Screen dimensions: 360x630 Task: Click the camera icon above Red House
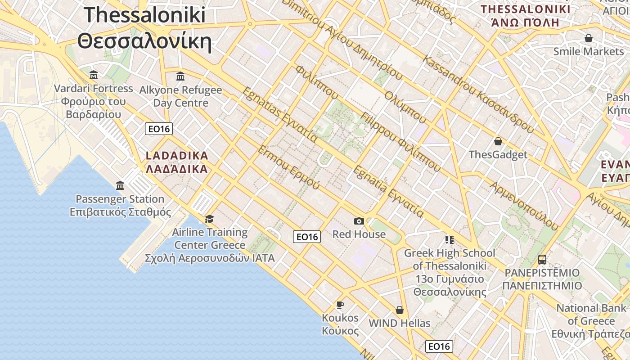pyautogui.click(x=359, y=221)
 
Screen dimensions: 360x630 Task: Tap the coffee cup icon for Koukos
pyautogui.click(x=340, y=305)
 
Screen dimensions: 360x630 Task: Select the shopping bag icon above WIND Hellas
pyautogui.click(x=399, y=310)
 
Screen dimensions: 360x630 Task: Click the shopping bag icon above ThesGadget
pyautogui.click(x=498, y=142)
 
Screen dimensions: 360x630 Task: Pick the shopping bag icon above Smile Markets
pyautogui.click(x=588, y=39)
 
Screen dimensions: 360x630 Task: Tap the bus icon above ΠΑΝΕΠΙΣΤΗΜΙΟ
pyautogui.click(x=542, y=260)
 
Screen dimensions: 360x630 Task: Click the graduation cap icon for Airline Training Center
pyautogui.click(x=209, y=219)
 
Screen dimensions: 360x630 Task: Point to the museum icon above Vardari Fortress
pyautogui.click(x=94, y=75)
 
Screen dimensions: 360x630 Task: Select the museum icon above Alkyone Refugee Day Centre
pyautogui.click(x=180, y=76)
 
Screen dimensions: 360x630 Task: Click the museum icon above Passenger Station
pyautogui.click(x=120, y=185)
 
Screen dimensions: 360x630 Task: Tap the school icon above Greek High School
pyautogui.click(x=449, y=239)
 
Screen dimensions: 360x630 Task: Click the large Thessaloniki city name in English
pyautogui.click(x=144, y=15)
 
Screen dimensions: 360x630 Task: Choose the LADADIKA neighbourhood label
pyautogui.click(x=177, y=156)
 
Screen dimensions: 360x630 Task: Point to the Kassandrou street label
pyautogui.click(x=478, y=95)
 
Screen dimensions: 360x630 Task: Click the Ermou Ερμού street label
pyautogui.click(x=288, y=167)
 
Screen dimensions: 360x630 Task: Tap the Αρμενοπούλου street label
pyautogui.click(x=524, y=206)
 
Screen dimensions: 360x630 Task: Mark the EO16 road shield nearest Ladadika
pyautogui.click(x=159, y=129)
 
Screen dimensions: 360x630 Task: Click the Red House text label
pyautogui.click(x=359, y=234)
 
